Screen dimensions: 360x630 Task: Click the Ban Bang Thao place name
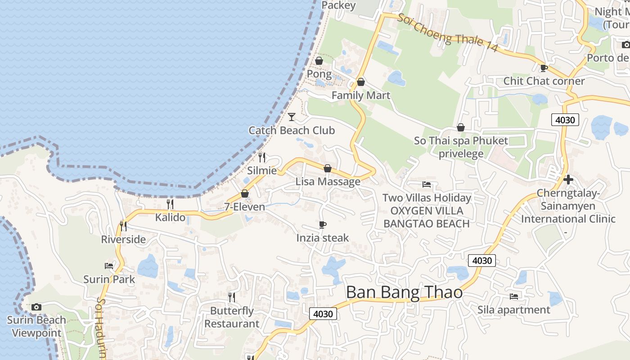pyautogui.click(x=404, y=292)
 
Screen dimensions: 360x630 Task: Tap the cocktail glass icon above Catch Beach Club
pyautogui.click(x=292, y=117)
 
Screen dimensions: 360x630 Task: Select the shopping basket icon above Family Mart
pyautogui.click(x=360, y=82)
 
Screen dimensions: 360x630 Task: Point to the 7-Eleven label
pyautogui.click(x=244, y=207)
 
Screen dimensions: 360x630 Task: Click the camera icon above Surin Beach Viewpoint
pyautogui.click(x=36, y=307)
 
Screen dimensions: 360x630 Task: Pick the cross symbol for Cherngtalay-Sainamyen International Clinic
pyautogui.click(x=568, y=180)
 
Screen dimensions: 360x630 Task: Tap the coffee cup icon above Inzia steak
pyautogui.click(x=322, y=225)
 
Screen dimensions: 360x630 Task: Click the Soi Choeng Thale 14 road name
pyautogui.click(x=448, y=32)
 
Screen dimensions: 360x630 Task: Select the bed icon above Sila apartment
pyautogui.click(x=513, y=296)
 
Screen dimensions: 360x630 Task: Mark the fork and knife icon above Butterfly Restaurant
pyautogui.click(x=231, y=297)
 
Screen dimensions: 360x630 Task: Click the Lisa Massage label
pyautogui.click(x=328, y=181)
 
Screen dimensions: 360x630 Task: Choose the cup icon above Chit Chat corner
pyautogui.click(x=544, y=68)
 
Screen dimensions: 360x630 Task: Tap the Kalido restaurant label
pyautogui.click(x=170, y=217)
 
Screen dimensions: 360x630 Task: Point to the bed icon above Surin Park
pyautogui.click(x=109, y=265)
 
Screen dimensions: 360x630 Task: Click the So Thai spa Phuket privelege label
pyautogui.click(x=461, y=147)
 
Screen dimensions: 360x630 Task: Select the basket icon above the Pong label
pyautogui.click(x=319, y=61)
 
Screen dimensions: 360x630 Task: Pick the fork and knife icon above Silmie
pyautogui.click(x=261, y=157)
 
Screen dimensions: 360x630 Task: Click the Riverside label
pyautogui.click(x=123, y=239)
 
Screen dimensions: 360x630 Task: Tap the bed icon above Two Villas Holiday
pyautogui.click(x=426, y=184)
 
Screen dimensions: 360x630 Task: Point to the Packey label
pyautogui.click(x=339, y=5)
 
